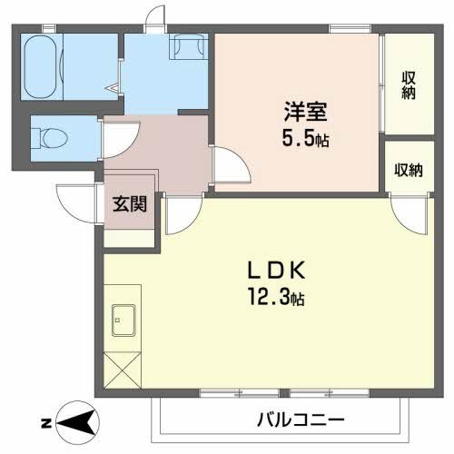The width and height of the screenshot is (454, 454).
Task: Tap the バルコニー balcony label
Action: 299,420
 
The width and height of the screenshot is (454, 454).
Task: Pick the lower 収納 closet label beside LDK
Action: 408,170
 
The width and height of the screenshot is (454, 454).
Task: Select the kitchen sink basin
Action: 123,321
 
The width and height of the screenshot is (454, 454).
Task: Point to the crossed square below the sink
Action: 123,372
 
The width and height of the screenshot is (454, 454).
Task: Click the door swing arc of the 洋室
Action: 230,168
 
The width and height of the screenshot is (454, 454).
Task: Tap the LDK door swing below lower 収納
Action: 410,211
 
